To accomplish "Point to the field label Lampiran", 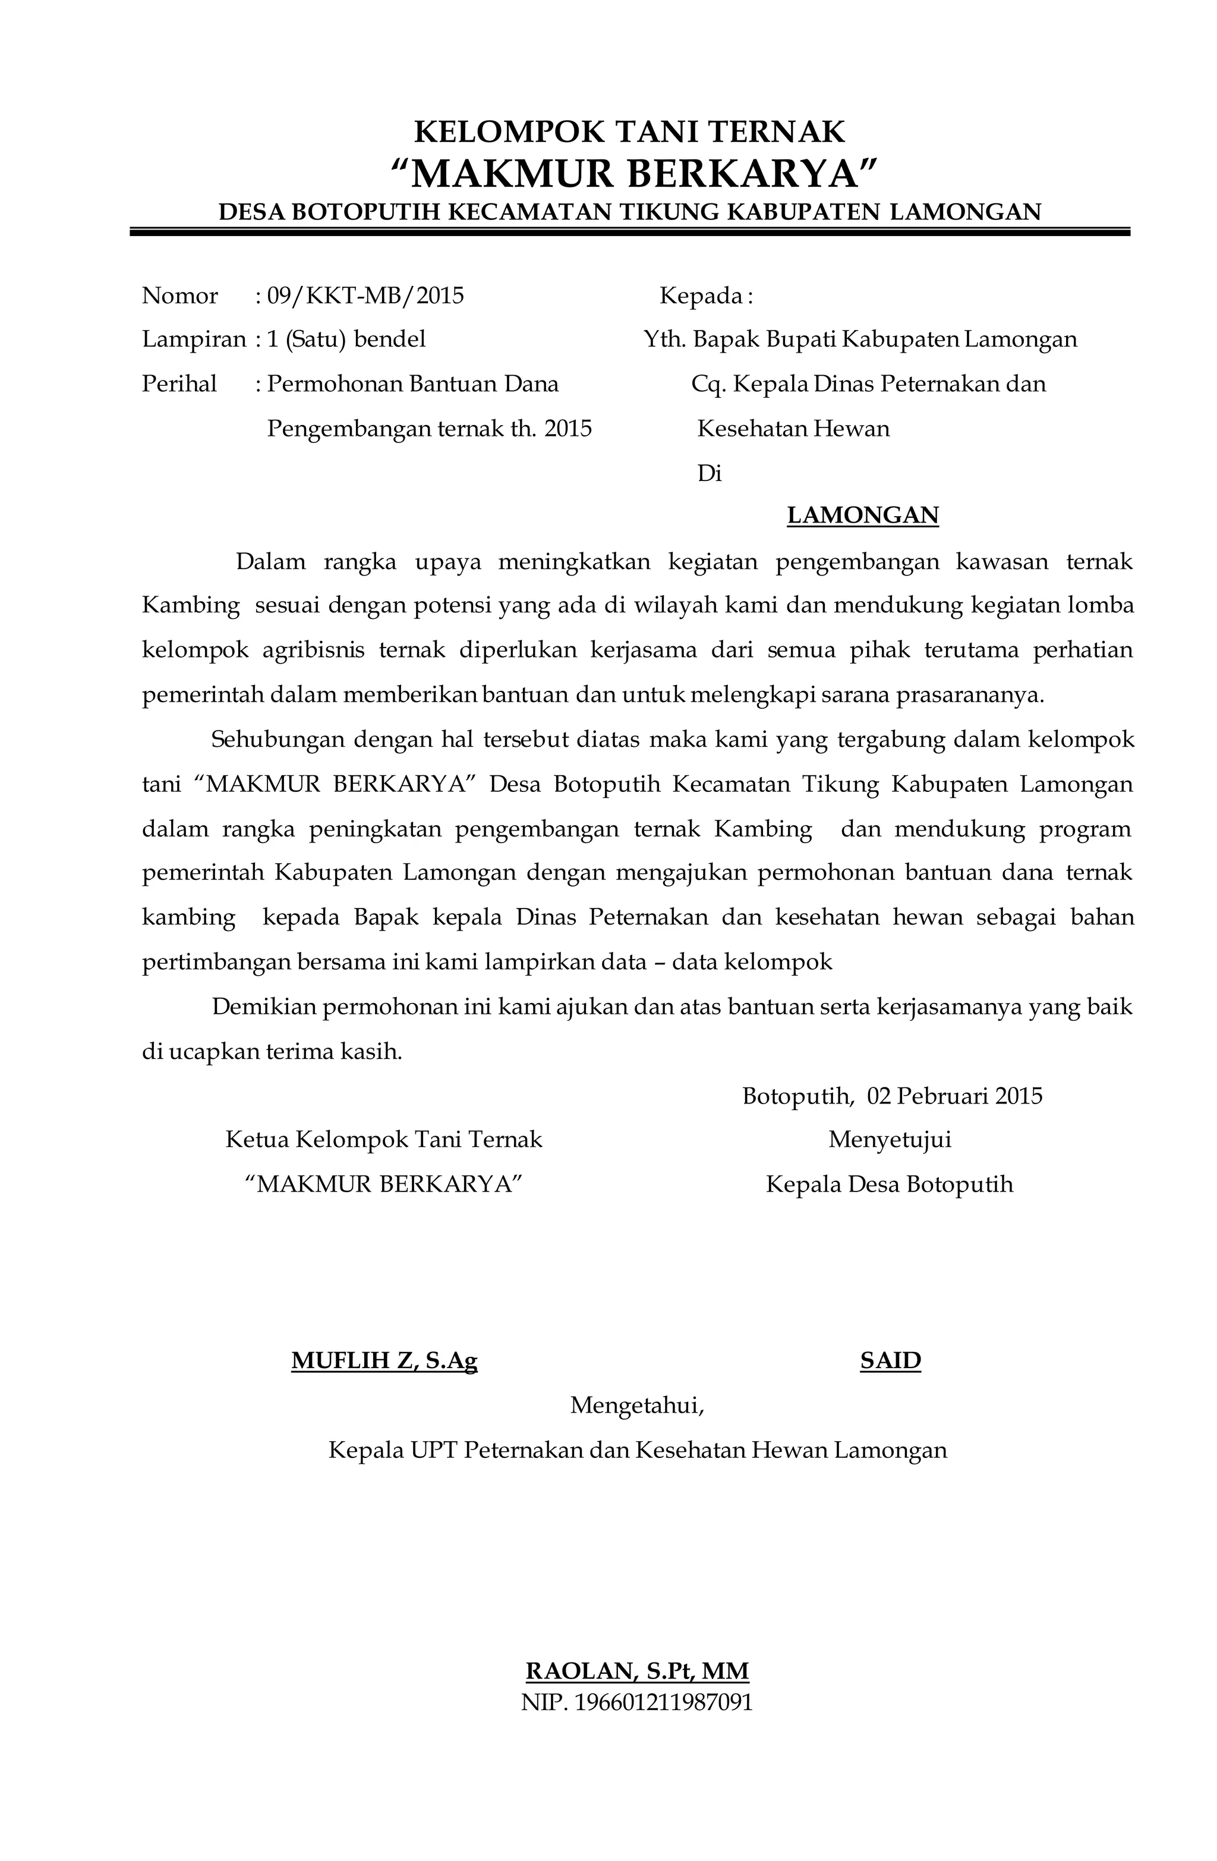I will [193, 339].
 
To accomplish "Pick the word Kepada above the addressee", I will [701, 296].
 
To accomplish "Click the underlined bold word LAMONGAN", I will [862, 515].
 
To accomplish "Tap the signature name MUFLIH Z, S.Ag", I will [384, 1362].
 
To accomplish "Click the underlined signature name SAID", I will [890, 1362].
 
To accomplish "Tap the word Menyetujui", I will [890, 1139].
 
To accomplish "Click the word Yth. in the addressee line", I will [664, 339].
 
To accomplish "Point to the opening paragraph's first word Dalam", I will [270, 561].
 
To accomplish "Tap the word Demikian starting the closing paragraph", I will [263, 1007].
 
